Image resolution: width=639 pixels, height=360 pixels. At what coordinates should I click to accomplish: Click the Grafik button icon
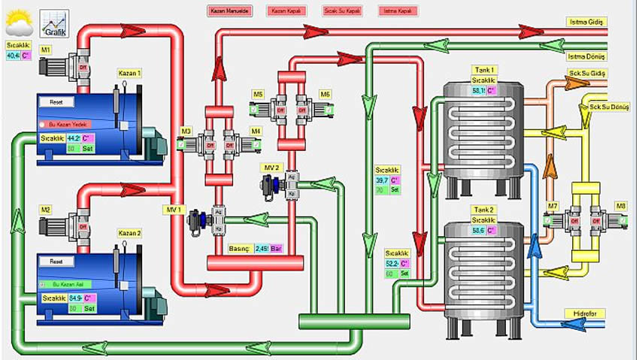point(54,24)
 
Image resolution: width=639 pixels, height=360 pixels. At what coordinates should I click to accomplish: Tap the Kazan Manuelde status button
point(229,11)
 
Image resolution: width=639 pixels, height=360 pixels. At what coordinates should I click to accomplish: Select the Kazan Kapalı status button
point(286,11)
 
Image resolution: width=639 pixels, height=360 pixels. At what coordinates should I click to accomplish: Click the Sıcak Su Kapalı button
point(343,11)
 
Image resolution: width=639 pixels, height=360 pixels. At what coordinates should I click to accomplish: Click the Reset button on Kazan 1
point(57,101)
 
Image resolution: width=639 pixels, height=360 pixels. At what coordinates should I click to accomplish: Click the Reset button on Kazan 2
point(58,262)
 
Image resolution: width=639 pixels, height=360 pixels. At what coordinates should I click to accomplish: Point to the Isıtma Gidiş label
point(586,23)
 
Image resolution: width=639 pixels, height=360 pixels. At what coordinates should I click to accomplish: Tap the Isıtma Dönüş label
point(586,56)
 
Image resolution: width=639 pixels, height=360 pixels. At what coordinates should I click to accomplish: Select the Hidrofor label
point(584,313)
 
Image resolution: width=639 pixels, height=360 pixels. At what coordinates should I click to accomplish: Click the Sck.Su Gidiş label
point(587,74)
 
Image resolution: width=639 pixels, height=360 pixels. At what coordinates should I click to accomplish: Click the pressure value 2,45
point(262,248)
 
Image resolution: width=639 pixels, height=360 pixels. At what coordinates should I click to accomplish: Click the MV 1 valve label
point(174,209)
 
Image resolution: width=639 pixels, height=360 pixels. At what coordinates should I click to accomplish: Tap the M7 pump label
point(553,205)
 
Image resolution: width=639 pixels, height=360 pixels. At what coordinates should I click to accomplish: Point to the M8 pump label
point(621,205)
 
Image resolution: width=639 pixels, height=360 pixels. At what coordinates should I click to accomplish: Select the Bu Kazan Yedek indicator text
point(68,124)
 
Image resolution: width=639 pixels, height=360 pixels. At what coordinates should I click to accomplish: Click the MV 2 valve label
point(271,167)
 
